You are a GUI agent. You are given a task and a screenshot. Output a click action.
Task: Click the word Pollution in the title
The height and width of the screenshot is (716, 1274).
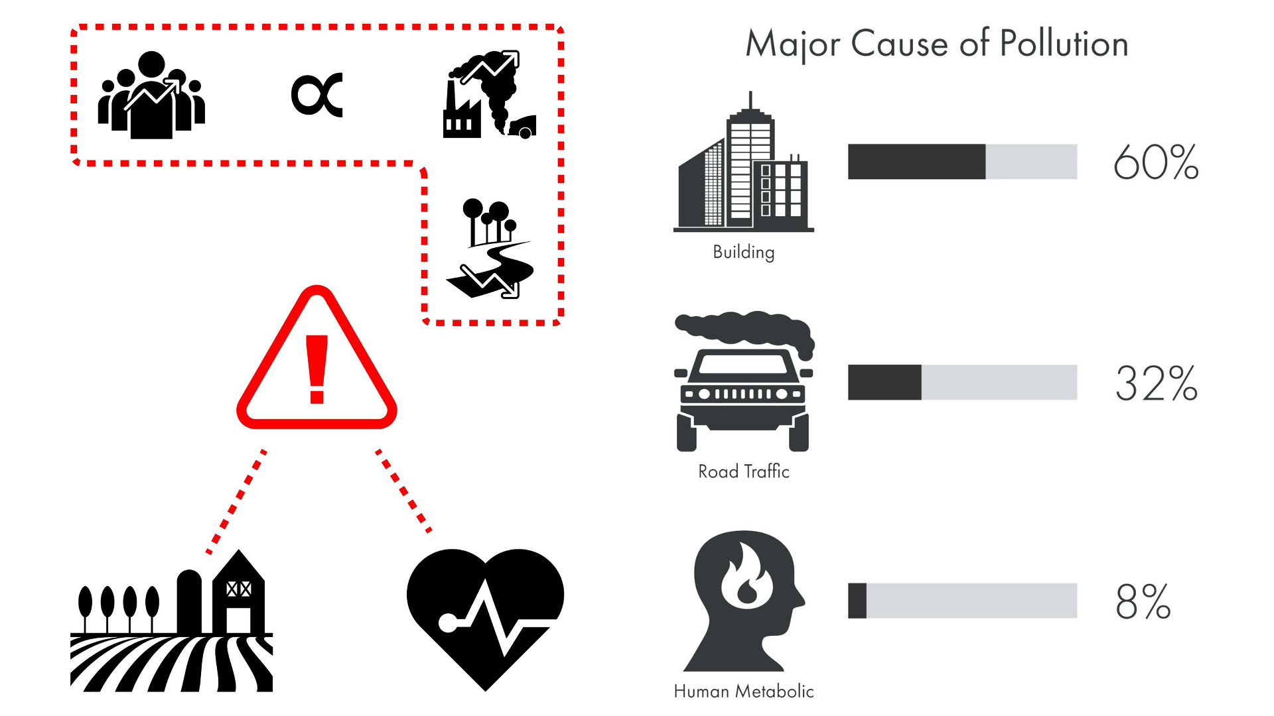tap(1064, 44)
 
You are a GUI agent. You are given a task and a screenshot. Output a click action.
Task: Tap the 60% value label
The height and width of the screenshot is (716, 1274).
tap(1156, 162)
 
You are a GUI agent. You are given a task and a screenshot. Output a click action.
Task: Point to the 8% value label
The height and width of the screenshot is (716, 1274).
tap(1143, 601)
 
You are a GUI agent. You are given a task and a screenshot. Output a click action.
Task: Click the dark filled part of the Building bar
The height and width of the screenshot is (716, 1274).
tap(916, 162)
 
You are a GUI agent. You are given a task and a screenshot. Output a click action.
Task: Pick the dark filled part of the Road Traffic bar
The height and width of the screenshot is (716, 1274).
tap(885, 383)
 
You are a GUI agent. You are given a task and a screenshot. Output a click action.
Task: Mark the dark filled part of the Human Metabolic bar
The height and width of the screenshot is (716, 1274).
tap(857, 601)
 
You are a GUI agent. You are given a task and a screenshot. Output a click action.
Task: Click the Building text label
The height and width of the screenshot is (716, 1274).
tap(743, 252)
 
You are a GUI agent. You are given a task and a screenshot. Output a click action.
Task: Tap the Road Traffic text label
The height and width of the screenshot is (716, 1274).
tap(743, 471)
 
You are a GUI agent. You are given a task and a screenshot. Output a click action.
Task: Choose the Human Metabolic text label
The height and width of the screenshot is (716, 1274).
tap(743, 691)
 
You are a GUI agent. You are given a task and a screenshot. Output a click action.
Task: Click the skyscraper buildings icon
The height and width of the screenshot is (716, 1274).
tap(743, 166)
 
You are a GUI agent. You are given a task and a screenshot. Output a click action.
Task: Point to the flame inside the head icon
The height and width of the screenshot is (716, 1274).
tap(746, 577)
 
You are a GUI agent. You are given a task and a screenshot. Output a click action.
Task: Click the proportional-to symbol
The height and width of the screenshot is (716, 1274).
tap(317, 95)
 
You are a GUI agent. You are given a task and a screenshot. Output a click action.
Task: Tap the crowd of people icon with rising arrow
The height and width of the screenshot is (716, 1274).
tap(151, 96)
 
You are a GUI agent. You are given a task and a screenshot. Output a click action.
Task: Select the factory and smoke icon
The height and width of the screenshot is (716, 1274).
tap(490, 95)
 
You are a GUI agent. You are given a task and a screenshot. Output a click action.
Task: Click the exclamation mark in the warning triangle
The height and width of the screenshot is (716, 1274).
tap(317, 369)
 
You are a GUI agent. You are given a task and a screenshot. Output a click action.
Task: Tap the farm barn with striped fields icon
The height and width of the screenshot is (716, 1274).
tap(171, 623)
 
